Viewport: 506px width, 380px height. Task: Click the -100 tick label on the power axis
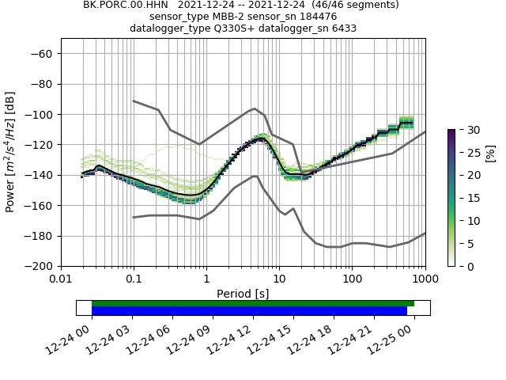click(x=40, y=114)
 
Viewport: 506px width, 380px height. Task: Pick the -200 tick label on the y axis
click(x=40, y=266)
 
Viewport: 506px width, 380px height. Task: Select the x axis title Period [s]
click(x=243, y=294)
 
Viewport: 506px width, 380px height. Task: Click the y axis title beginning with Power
click(x=10, y=152)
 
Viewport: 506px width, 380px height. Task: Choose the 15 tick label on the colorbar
click(x=468, y=198)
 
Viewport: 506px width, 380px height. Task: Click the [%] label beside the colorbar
click(x=490, y=152)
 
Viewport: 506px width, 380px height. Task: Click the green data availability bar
click(x=253, y=303)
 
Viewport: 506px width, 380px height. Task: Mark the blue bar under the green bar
click(x=249, y=311)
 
